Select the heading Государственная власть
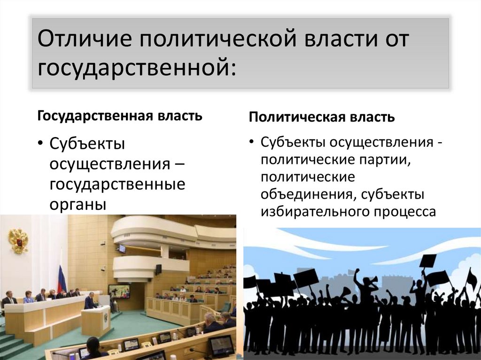click(x=120, y=115)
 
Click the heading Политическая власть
click(x=322, y=117)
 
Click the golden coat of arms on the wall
click(x=18, y=240)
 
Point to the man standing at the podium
click(x=90, y=300)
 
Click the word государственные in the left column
click(x=117, y=184)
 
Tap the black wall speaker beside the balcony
click(x=158, y=269)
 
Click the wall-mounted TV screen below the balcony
click(x=119, y=291)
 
